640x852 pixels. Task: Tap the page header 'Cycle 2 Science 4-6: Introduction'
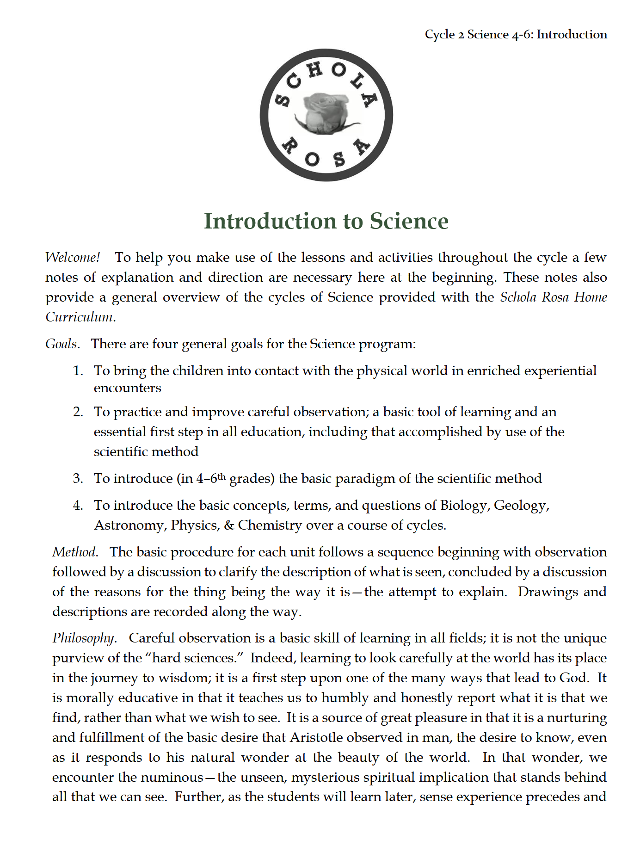(516, 35)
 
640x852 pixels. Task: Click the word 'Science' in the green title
(409, 221)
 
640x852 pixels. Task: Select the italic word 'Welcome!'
(73, 257)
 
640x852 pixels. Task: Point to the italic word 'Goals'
(62, 344)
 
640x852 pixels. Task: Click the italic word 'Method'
(74, 552)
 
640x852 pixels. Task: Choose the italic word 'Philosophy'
(83, 638)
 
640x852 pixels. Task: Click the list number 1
(78, 371)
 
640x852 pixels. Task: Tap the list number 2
(78, 412)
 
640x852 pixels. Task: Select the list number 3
(78, 479)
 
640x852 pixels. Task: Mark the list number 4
(78, 505)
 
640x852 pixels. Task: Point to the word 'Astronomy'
(130, 525)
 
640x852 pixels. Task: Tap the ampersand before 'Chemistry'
(229, 525)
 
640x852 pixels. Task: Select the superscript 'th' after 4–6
(222, 475)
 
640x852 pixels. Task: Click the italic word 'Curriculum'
(80, 317)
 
